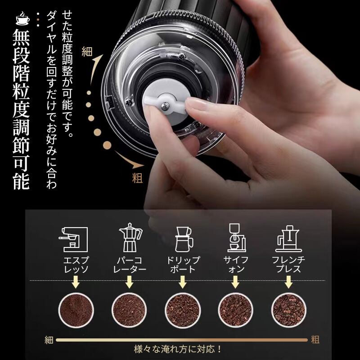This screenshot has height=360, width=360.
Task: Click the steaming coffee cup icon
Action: coord(22,18)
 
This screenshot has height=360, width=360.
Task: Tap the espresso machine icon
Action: coord(74,239)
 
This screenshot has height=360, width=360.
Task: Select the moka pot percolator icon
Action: coord(130,238)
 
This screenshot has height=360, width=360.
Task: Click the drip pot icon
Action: coord(184,239)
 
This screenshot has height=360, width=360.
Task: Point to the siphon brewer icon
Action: coord(237,238)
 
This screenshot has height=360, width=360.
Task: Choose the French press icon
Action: coord(288,238)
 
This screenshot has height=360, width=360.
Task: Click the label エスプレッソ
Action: coord(76,265)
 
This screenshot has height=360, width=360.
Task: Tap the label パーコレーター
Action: coord(130,265)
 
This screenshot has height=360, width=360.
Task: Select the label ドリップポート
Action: coord(183,265)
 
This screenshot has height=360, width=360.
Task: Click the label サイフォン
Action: coord(236,265)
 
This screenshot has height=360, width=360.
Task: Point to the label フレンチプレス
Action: coord(288,265)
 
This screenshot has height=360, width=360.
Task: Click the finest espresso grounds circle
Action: coord(76,310)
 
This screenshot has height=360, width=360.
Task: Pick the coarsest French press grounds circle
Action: coord(289,310)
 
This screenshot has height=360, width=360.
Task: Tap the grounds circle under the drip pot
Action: coord(183,310)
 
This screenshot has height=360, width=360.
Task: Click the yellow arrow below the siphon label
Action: coord(235,282)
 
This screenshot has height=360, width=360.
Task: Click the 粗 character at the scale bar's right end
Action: coord(315,340)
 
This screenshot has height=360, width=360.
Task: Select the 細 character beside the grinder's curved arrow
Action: coord(87,52)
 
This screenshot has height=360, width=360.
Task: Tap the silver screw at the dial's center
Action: coord(165,106)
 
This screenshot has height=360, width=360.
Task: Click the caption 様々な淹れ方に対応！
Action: coord(178,350)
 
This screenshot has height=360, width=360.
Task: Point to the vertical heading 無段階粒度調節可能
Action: coord(21,109)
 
